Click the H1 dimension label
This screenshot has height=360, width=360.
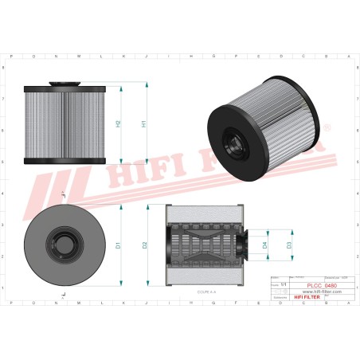tap(143, 124)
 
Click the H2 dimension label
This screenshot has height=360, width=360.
tap(119, 124)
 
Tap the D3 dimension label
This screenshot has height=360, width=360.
tap(289, 245)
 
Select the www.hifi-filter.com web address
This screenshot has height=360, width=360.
tap(322, 292)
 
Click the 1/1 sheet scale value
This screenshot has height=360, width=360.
tap(284, 284)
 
